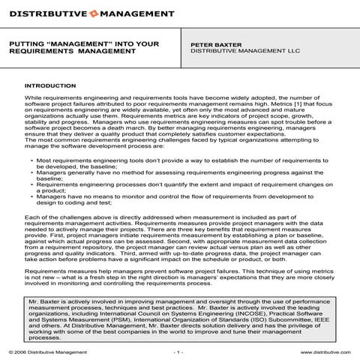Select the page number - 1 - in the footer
[x=178, y=350]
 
